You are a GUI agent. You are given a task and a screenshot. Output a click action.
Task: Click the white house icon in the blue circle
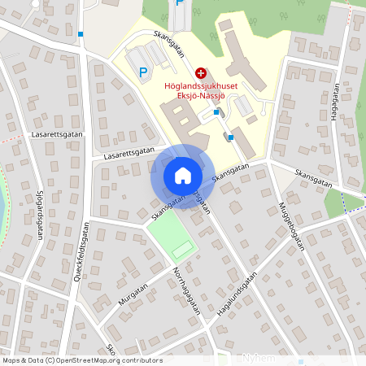182,176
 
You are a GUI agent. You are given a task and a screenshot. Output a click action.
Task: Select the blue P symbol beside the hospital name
143,72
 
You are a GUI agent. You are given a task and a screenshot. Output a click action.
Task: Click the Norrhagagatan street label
185,294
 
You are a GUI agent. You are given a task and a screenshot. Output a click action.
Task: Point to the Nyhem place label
259,359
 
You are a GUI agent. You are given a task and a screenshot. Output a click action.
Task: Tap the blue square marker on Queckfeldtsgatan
81,34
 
